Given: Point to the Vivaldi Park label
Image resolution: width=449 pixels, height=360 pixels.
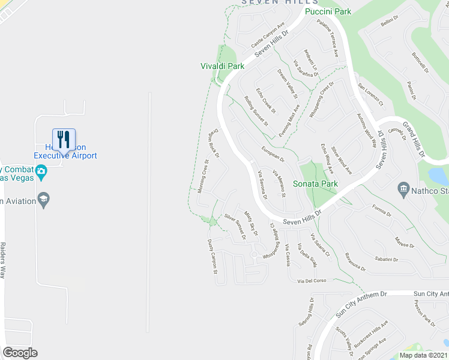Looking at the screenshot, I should [222, 66].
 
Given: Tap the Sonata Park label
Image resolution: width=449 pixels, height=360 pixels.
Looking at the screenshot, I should [315, 184].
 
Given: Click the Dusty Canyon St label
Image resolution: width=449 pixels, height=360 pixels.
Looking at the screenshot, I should [211, 257].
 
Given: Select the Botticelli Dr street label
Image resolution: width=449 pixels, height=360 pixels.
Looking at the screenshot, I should [420, 63].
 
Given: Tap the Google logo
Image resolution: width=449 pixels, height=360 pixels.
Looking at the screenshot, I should [20, 353].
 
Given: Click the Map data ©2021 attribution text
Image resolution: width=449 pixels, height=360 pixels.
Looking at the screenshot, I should [424, 355].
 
